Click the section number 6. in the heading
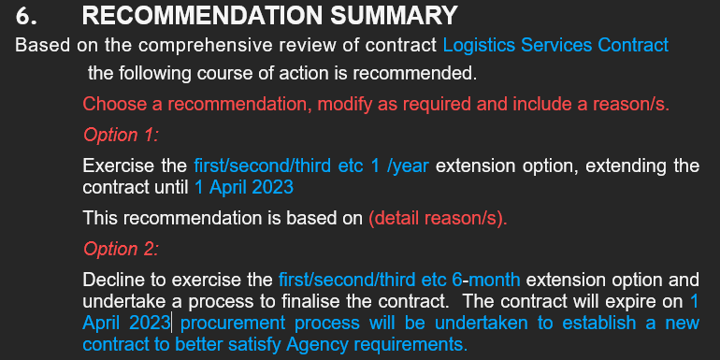28,16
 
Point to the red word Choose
108,104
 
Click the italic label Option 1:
121,135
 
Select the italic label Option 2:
121,249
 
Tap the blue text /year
408,166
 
